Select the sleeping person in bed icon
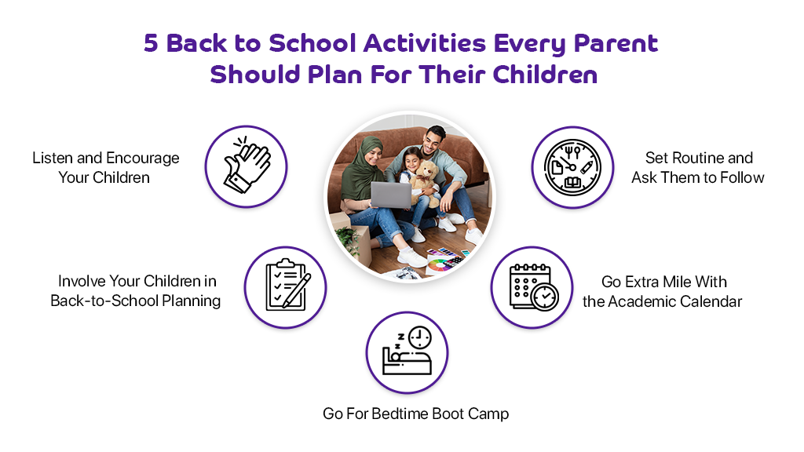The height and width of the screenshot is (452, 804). click(407, 351)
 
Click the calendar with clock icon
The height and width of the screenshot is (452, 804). click(533, 287)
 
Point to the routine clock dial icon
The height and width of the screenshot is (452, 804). click(572, 167)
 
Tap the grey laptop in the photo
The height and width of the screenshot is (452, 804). click(391, 195)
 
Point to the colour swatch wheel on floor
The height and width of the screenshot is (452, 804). click(439, 265)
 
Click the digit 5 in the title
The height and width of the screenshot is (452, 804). click(151, 43)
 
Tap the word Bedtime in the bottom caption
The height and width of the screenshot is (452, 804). click(400, 414)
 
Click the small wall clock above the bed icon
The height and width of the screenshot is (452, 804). click(419, 337)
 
